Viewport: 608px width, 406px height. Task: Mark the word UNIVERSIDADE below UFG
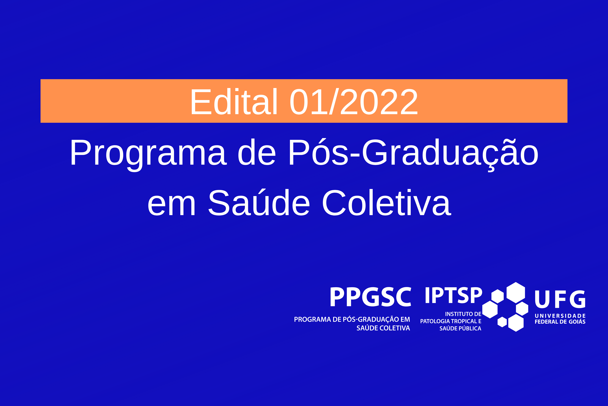tap(560, 316)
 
